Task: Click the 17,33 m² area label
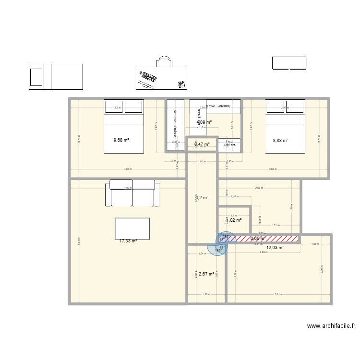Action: pos(128,241)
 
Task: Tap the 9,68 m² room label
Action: pos(121,140)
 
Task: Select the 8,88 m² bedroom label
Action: pos(280,141)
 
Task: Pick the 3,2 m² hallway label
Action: pos(202,197)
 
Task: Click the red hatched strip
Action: pos(267,239)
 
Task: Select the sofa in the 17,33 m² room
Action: pos(132,193)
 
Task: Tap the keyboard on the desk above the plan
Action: pos(149,78)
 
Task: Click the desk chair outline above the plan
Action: pos(164,61)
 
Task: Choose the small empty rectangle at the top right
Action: pos(289,63)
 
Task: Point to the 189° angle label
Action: pos(217,250)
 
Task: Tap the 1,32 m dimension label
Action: pos(205,294)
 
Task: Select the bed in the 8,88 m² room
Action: pos(285,126)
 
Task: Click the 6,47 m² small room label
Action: pos(202,144)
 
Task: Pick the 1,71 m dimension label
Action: pos(276,225)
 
